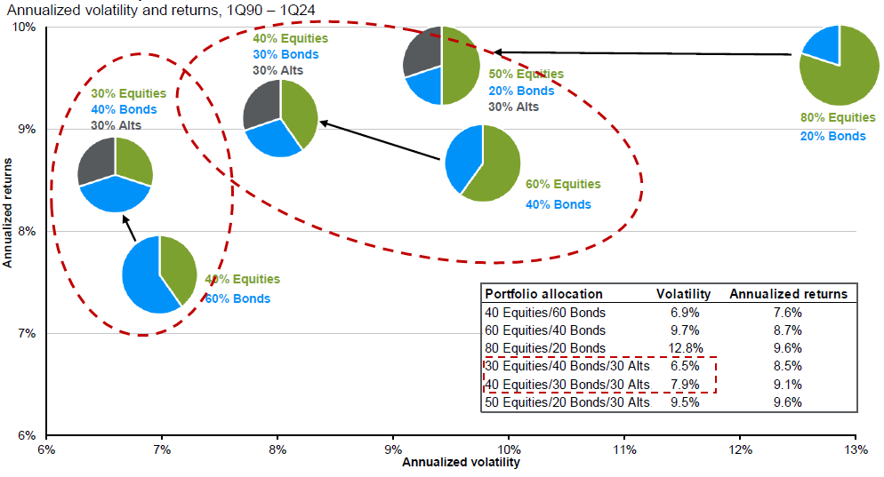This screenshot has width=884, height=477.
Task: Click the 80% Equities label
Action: tap(837, 117)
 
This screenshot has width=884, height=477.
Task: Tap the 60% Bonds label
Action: tap(237, 298)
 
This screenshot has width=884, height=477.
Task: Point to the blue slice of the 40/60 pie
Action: tap(144, 277)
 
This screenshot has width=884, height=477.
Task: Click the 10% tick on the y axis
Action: tap(24, 27)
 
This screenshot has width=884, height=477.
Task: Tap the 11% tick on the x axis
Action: tap(623, 450)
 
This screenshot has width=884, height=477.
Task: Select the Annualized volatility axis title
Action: tap(461, 463)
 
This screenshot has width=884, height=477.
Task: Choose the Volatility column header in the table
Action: tap(683, 294)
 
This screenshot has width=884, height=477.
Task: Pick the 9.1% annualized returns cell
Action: tap(788, 384)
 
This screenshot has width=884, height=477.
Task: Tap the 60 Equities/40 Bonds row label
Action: tap(544, 330)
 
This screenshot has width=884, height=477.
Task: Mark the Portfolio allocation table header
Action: tap(543, 294)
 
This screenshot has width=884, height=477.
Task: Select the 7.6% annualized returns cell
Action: tap(788, 313)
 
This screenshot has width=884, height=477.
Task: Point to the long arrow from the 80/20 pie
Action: tap(640, 53)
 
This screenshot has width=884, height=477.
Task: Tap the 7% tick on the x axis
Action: tap(163, 450)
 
